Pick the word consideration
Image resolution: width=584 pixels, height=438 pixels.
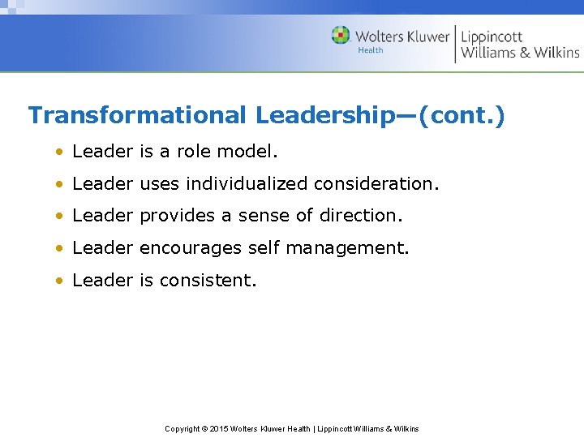click(375, 183)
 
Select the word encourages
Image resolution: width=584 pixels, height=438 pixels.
click(191, 248)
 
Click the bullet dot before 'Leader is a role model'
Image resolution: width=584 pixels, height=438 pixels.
click(59, 152)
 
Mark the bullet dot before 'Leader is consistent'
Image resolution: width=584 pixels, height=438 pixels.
click(59, 281)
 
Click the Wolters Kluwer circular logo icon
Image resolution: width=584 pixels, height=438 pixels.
click(341, 35)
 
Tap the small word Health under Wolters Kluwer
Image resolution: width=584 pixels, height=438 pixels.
click(371, 50)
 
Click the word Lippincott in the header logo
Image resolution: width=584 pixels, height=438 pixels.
click(492, 36)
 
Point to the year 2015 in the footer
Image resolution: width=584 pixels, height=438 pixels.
click(220, 428)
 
